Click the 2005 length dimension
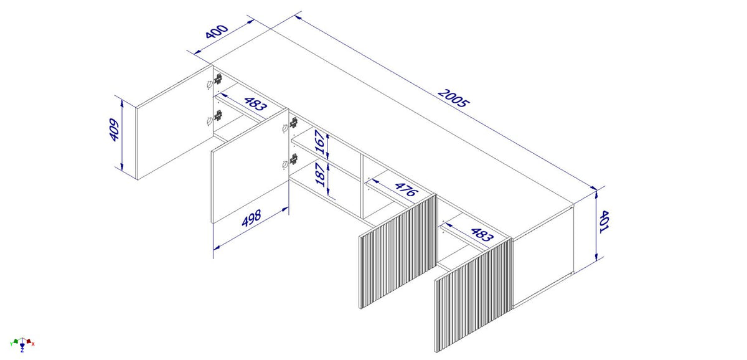click(453, 98)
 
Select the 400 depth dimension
click(217, 31)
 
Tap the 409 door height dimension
click(114, 130)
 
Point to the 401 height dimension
click(604, 222)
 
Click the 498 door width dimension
click(251, 218)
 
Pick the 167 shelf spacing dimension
click(320, 142)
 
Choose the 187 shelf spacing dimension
click(320, 174)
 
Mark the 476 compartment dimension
click(406, 190)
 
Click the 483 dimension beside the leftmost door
click(256, 104)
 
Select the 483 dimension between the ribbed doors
click(482, 235)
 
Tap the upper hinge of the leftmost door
click(218, 79)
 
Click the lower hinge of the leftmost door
click(218, 115)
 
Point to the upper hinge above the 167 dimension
click(293, 123)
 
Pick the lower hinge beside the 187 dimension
click(294, 159)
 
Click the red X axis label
click(33, 344)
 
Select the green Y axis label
click(11, 344)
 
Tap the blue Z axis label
click(22, 351)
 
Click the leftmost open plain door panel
click(175, 122)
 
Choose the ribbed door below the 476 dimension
click(398, 251)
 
